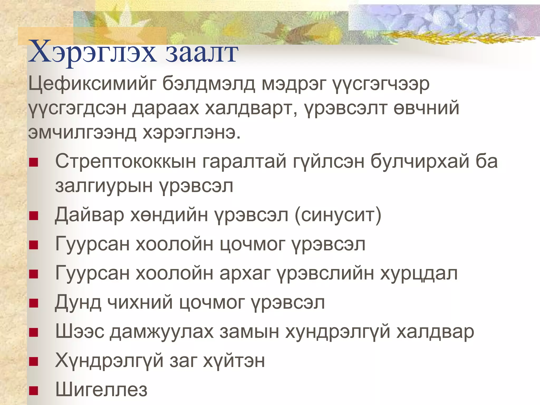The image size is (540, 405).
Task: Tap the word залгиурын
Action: (104, 186)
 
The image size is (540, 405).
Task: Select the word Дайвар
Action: (89, 215)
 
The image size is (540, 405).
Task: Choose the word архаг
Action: (245, 273)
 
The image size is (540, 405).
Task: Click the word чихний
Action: (140, 302)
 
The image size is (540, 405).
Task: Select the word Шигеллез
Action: (101, 390)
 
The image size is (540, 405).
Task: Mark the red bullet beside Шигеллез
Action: (34, 390)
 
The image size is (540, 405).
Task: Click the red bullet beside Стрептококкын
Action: (34, 162)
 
